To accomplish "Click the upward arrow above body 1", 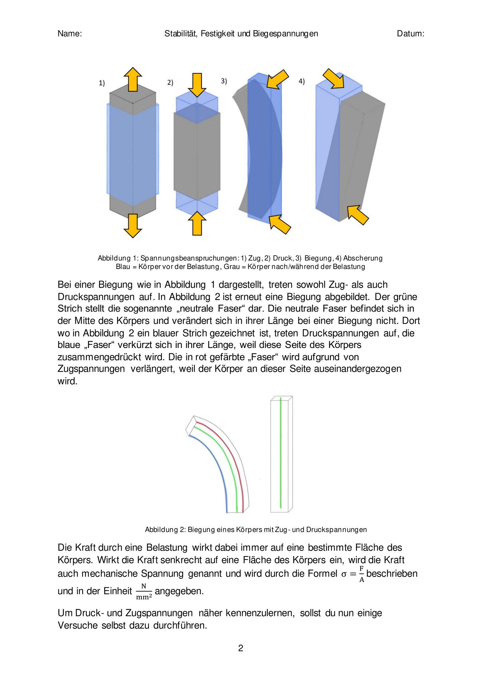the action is pos(133,79).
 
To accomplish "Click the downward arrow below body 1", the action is pos(133,226).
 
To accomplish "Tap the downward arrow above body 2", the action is pos(197,85).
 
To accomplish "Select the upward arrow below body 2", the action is pos(197,223).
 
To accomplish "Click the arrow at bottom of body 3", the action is pos(280,224).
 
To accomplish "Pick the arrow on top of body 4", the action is pos(334,78).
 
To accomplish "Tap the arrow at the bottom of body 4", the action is pos(358,215).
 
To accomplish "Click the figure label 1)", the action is pos(102,83).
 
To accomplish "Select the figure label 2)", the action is pos(170,82).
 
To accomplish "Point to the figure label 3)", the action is pos(224,81).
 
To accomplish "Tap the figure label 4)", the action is pos(302,81).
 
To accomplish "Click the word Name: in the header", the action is pos(70,33).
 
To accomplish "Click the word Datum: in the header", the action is pos(411,33).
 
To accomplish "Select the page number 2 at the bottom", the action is pos(240,648).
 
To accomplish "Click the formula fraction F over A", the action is pos(362,574).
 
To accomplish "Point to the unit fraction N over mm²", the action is pos(144,591).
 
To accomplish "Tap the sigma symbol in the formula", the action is pos(344,574).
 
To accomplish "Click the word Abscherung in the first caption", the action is pos(363,258).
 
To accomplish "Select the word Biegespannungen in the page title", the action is pos(285,34).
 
